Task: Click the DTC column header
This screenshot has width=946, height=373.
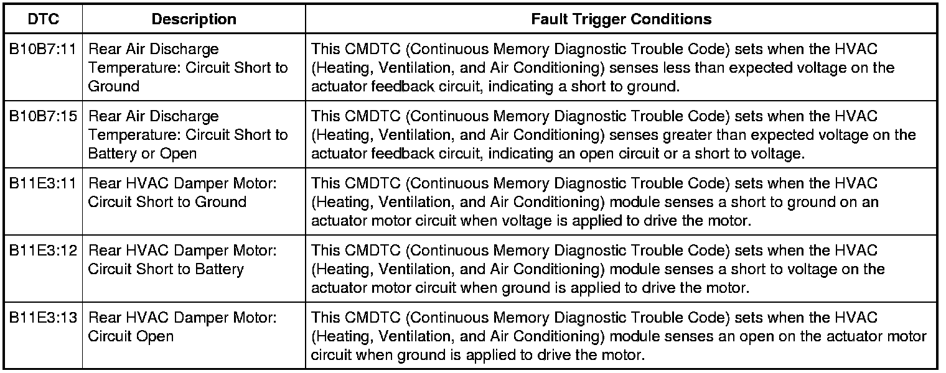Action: click(44, 19)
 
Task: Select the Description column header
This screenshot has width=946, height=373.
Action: click(194, 19)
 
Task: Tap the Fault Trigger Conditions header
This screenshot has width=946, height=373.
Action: click(621, 19)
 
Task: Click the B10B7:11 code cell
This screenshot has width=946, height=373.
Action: click(44, 49)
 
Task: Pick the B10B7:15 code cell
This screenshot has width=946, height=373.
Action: click(44, 116)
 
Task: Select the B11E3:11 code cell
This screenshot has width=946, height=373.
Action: click(44, 183)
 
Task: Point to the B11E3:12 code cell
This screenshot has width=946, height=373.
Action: click(44, 251)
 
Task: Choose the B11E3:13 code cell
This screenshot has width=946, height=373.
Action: click(44, 318)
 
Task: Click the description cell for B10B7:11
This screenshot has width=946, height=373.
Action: click(188, 67)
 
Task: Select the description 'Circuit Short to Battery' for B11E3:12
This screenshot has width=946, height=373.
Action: click(166, 269)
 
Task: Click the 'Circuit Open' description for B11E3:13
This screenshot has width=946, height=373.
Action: click(131, 336)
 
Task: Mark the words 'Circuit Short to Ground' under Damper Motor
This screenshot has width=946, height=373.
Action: click(167, 202)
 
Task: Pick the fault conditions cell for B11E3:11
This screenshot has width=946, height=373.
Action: click(621, 201)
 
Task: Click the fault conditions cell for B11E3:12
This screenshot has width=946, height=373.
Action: click(621, 269)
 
